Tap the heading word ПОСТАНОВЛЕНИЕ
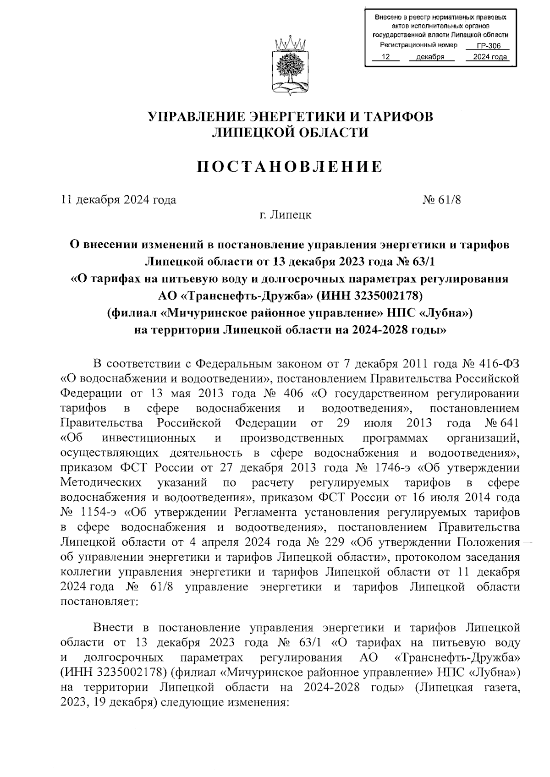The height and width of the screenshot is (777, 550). (x=290, y=167)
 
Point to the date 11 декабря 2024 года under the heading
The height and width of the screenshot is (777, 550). (x=119, y=200)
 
